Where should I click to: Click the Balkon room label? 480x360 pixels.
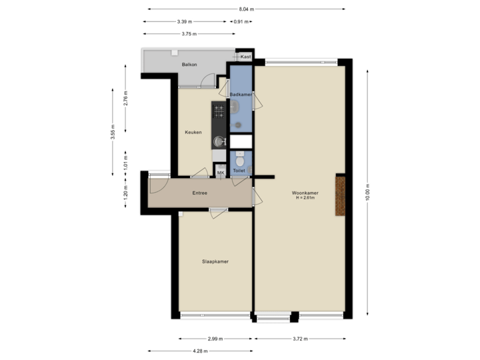coord(189,65)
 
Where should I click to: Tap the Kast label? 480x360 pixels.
coord(245,57)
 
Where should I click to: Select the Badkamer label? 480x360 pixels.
coord(240,95)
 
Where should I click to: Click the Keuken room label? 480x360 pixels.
coord(193,132)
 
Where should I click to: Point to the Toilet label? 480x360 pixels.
coord(239,172)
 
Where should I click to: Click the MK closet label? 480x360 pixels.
coord(221,173)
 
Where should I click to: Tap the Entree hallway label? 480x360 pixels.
coord(199,193)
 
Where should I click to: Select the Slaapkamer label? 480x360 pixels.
coord(215,261)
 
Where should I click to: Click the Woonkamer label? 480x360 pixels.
coord(305,193)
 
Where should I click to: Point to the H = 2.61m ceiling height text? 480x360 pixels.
coord(305,198)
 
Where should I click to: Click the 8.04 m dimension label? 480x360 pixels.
coord(247,9)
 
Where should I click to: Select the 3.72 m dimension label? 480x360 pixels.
coord(301,339)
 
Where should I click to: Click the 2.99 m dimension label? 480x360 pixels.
coord(215,339)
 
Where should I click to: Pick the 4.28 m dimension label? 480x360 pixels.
coord(200,351)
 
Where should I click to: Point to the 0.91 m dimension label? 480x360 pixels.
coord(240,21)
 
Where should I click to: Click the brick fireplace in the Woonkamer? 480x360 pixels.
coord(341,195)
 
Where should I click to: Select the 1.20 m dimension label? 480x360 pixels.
coord(126,193)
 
